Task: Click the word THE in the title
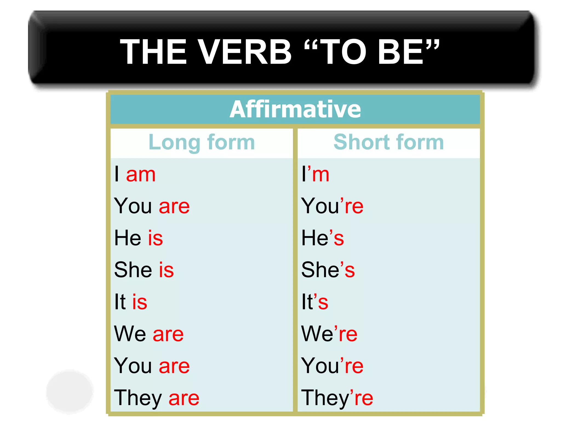click(x=153, y=52)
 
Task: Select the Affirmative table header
click(x=295, y=109)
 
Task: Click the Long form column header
click(x=202, y=142)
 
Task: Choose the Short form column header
click(x=388, y=142)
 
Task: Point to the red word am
click(x=141, y=175)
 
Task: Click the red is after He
click(x=155, y=238)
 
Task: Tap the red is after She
click(x=166, y=270)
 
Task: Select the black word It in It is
click(x=120, y=302)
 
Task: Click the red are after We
click(x=168, y=334)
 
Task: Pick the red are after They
click(x=184, y=398)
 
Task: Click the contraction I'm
click(x=315, y=175)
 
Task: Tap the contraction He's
click(x=322, y=238)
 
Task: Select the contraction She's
click(x=328, y=270)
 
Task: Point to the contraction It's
click(x=314, y=302)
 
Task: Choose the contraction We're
click(x=329, y=334)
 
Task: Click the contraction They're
click(x=337, y=398)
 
